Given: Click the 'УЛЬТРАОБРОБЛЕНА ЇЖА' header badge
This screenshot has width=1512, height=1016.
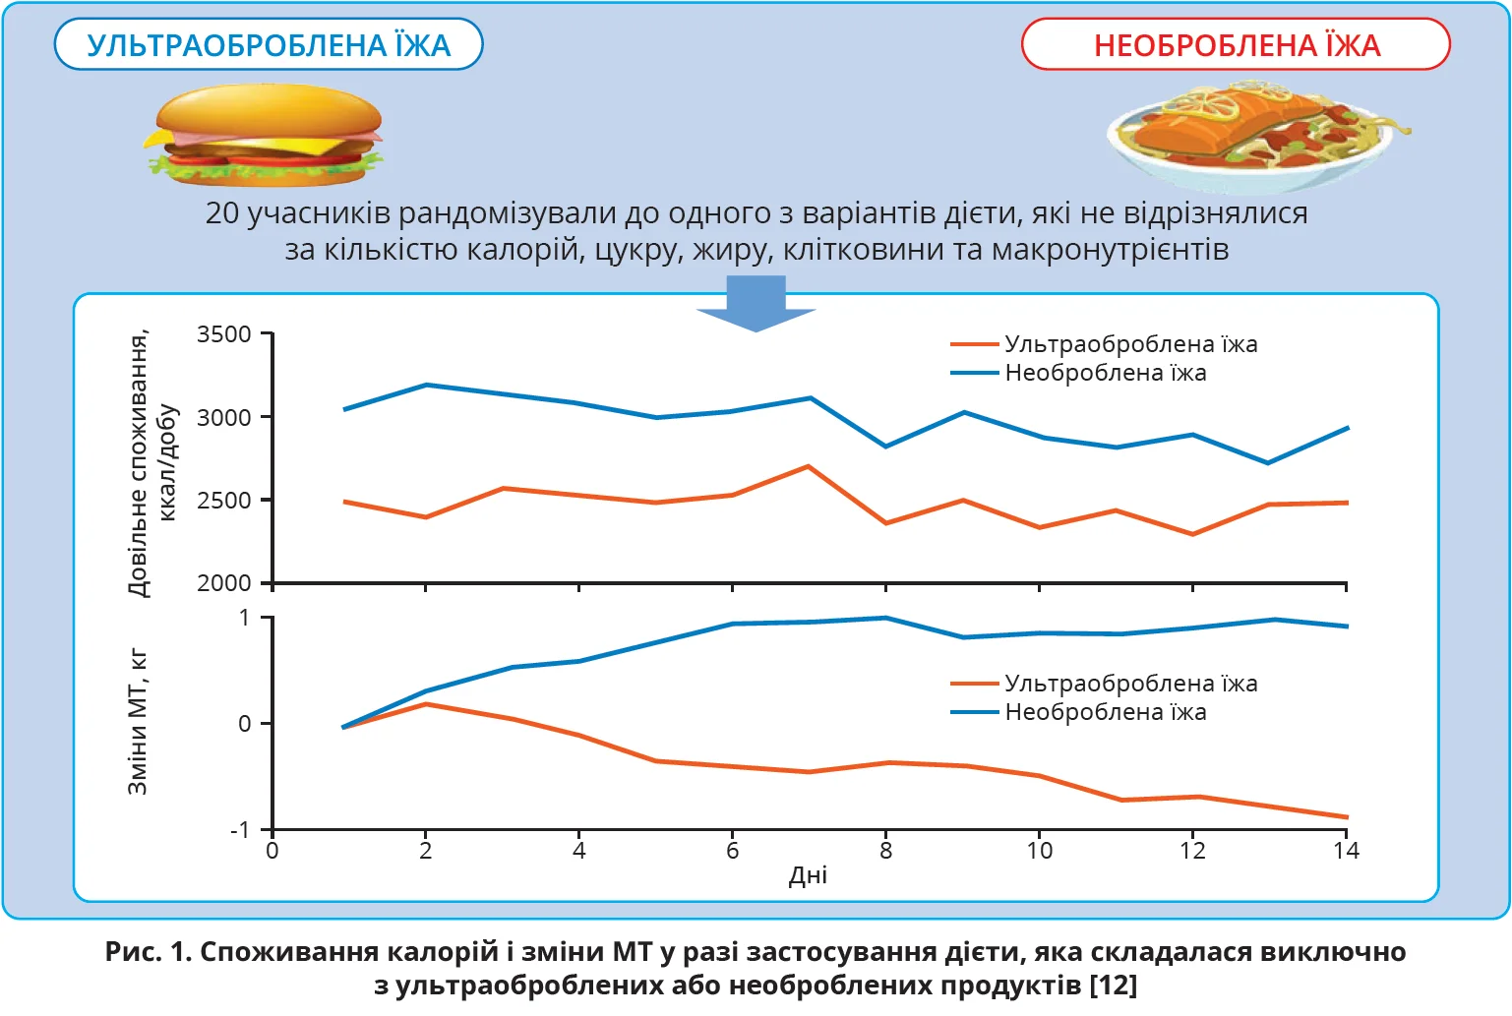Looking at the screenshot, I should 269,45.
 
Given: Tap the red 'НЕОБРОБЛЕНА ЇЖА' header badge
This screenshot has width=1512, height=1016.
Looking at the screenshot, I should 1236,45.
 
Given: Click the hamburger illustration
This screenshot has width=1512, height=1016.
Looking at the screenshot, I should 266,136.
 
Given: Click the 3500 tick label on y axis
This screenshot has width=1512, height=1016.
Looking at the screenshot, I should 224,334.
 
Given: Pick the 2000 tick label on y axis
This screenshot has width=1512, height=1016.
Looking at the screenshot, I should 224,583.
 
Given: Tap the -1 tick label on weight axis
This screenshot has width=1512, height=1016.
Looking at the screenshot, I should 240,830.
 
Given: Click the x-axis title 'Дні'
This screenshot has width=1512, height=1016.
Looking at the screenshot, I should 808,876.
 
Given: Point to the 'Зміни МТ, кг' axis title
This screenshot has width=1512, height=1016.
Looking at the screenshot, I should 139,722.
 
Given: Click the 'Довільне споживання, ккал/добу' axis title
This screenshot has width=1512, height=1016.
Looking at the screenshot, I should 151,462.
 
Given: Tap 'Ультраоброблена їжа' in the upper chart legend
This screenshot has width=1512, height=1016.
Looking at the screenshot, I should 1130,344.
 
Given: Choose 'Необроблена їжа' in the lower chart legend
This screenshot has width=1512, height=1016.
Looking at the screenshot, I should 1105,712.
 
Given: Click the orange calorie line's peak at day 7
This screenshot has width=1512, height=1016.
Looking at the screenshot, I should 809,466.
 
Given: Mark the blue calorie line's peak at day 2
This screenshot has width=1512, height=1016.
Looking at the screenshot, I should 426,385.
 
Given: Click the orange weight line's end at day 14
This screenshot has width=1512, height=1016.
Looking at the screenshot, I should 1347,817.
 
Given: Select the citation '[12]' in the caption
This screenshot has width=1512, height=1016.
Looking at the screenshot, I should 1114,986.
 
